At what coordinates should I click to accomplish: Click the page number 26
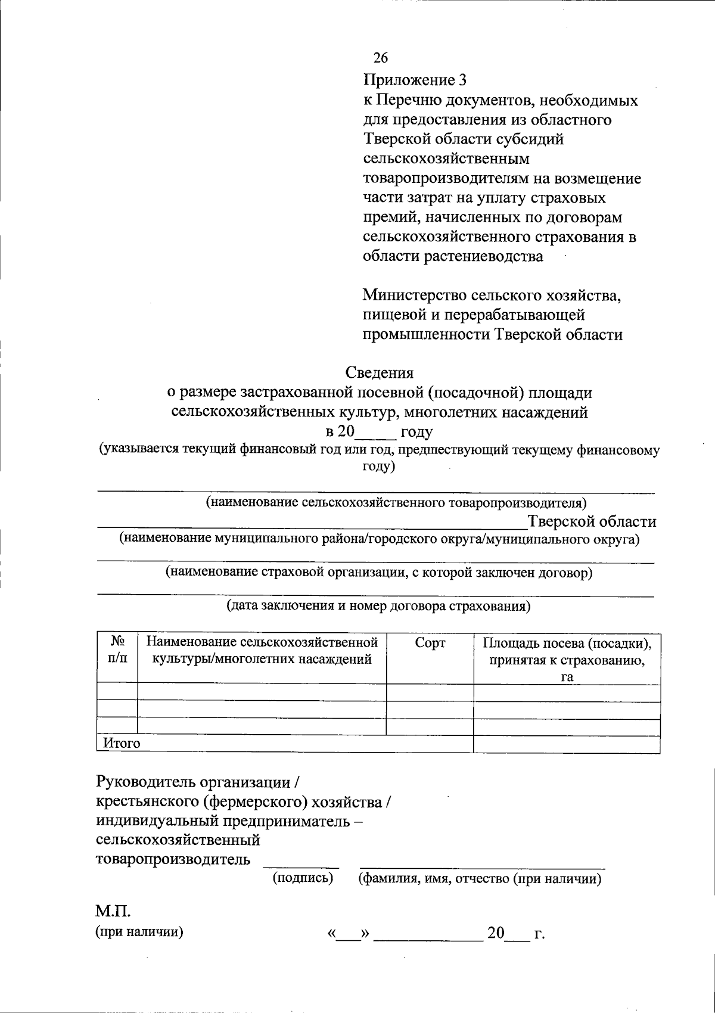click(380, 58)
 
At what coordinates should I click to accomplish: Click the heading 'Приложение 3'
click(415, 80)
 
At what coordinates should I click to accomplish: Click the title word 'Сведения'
click(380, 373)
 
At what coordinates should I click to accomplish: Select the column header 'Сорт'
click(430, 644)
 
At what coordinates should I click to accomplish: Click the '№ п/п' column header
click(117, 650)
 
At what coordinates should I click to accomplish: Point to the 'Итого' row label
click(122, 744)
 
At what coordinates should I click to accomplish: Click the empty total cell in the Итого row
click(566, 744)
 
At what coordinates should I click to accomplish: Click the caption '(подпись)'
click(303, 878)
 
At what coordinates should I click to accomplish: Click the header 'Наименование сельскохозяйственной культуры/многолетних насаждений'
click(262, 651)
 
